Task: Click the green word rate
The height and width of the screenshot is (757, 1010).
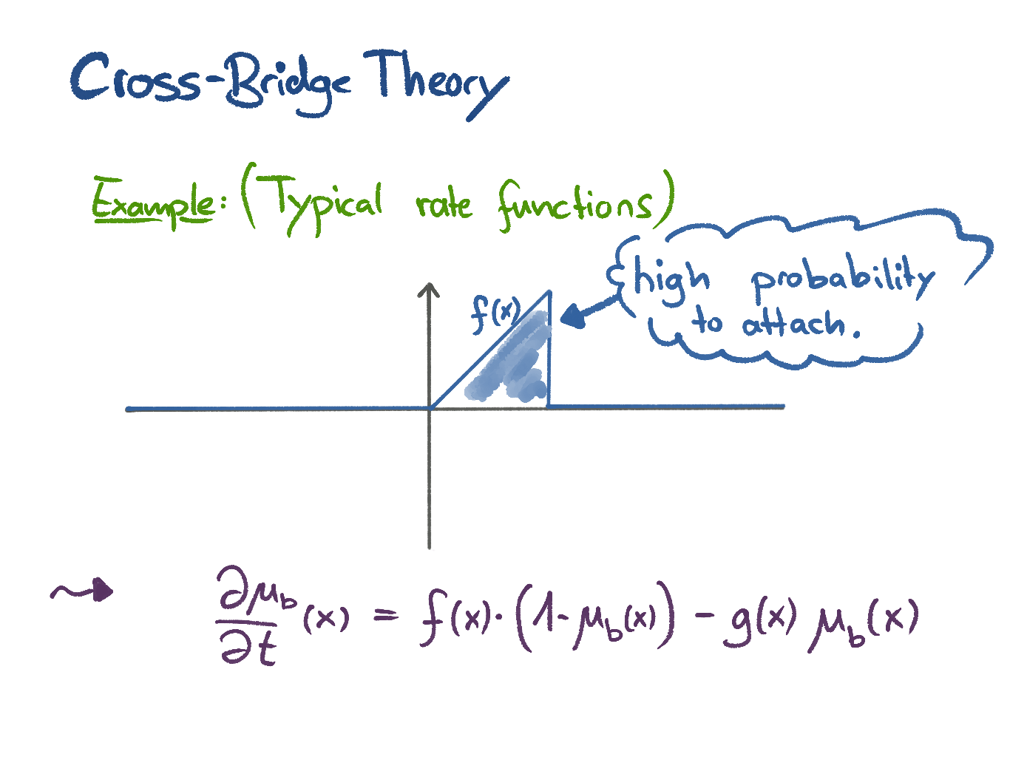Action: click(443, 203)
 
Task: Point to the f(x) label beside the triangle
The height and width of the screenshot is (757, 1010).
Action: click(495, 313)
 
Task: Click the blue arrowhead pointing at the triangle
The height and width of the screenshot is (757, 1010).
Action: click(570, 318)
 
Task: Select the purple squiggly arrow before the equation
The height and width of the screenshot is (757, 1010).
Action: click(82, 591)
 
